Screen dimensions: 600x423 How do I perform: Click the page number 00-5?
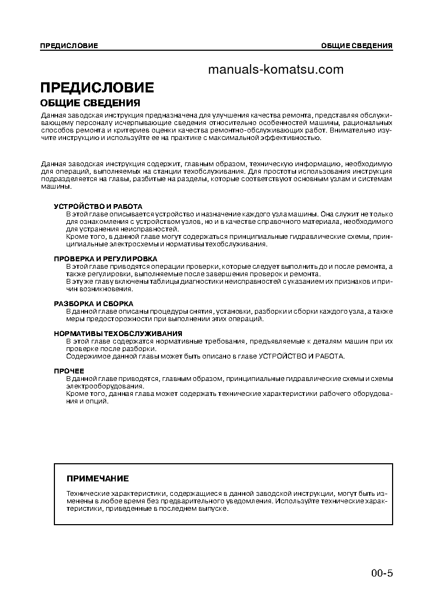point(382,573)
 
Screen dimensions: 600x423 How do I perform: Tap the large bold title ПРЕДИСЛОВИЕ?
point(97,88)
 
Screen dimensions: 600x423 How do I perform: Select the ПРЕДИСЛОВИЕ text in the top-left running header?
point(69,46)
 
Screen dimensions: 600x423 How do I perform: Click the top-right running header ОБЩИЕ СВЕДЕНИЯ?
point(357,46)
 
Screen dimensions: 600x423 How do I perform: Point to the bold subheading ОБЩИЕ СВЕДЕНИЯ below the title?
point(90,103)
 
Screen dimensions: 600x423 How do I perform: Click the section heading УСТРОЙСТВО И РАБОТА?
point(98,206)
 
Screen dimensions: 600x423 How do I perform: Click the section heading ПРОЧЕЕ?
point(69,371)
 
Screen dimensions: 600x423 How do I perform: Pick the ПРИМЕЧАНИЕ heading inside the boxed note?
point(97,478)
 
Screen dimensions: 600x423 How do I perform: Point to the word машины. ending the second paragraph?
point(55,186)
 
